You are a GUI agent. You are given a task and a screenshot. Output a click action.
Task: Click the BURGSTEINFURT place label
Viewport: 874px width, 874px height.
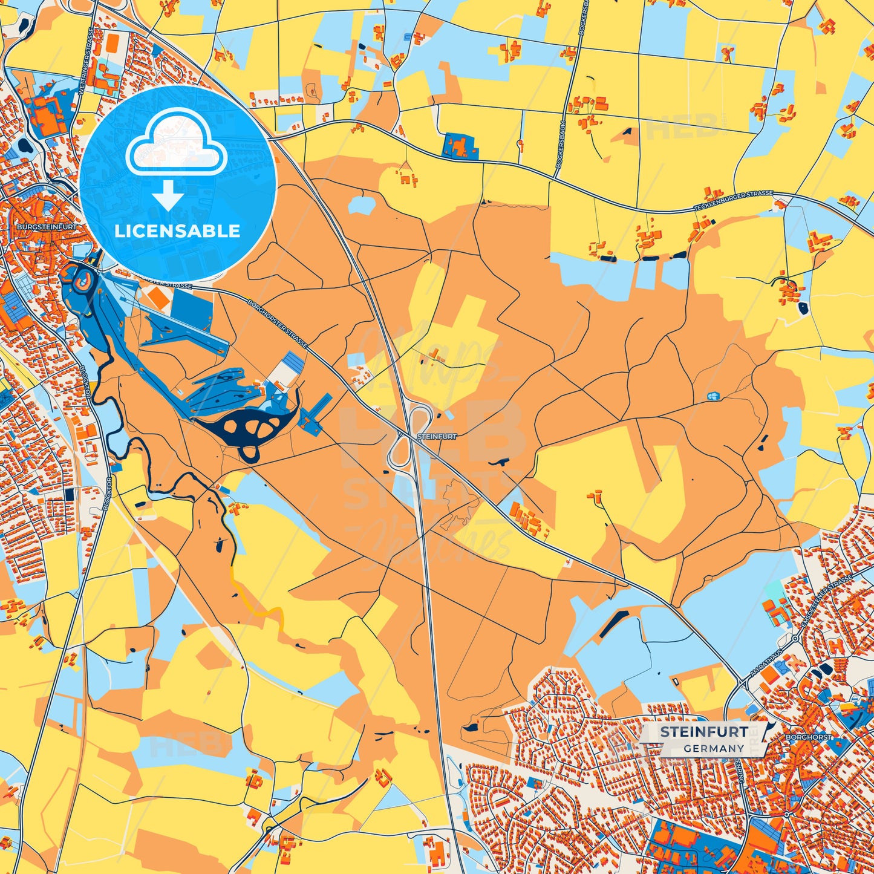coord(47,227)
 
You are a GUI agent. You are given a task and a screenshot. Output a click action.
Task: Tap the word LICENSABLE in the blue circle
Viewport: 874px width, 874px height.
coord(177,231)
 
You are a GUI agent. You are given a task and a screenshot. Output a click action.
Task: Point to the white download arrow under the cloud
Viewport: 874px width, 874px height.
coord(168,196)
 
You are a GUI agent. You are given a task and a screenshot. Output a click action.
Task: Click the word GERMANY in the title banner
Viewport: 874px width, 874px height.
coord(714,748)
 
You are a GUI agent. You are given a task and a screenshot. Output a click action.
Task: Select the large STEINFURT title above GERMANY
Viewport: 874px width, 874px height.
coord(703,732)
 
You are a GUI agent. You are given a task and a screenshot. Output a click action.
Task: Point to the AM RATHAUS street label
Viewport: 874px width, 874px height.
coord(766,662)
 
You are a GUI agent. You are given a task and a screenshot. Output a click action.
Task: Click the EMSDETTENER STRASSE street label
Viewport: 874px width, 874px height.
coord(826,602)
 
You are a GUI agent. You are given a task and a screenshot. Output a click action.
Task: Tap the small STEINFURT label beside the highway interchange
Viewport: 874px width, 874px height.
coord(437,435)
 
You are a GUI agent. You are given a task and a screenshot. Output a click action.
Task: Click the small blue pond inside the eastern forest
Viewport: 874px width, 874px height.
coord(714,396)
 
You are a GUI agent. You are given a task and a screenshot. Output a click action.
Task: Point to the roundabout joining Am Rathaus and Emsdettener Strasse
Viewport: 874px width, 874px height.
coord(794,639)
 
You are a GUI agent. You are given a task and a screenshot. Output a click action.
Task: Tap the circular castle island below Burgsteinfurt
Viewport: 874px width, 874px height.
coord(83,279)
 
